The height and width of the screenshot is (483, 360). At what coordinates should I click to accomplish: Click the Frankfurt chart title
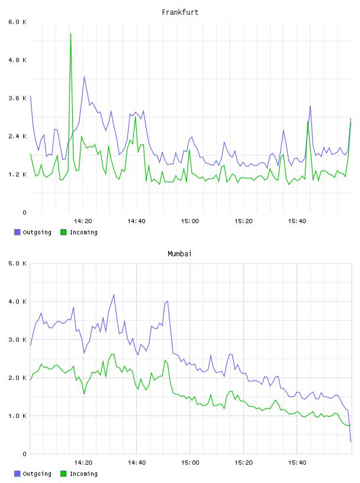pyautogui.click(x=180, y=12)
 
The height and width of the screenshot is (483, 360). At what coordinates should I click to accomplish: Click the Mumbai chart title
pyautogui.click(x=179, y=254)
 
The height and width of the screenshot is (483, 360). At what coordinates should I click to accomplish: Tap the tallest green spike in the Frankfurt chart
pyautogui.click(x=71, y=34)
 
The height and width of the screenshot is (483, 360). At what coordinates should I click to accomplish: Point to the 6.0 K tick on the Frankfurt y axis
pyautogui.click(x=18, y=22)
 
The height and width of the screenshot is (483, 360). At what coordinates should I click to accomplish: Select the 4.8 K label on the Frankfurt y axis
pyautogui.click(x=18, y=60)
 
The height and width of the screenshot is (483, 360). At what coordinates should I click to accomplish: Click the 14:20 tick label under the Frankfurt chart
pyautogui.click(x=83, y=221)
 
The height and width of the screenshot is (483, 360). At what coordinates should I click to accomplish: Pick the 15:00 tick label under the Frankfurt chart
pyautogui.click(x=190, y=221)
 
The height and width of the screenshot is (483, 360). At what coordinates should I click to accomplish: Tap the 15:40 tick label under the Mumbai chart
pyautogui.click(x=297, y=463)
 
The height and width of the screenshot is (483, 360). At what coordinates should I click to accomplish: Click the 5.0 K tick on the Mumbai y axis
pyautogui.click(x=18, y=263)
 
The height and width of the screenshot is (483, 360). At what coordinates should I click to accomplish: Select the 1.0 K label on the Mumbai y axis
pyautogui.click(x=18, y=416)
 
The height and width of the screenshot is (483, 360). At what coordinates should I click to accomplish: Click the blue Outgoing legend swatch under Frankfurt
pyautogui.click(x=17, y=232)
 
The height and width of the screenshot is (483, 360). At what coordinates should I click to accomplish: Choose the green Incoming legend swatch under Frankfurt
pyautogui.click(x=63, y=232)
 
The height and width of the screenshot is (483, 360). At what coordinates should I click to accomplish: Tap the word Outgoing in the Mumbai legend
pyautogui.click(x=37, y=474)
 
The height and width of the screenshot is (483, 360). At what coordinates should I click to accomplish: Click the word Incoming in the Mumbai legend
pyautogui.click(x=83, y=474)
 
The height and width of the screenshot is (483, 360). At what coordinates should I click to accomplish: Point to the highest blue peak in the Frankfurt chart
pyautogui.click(x=84, y=77)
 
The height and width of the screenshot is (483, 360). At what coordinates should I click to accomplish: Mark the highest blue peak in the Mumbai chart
pyautogui.click(x=114, y=295)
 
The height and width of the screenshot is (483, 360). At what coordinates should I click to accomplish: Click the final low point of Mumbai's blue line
pyautogui.click(x=351, y=442)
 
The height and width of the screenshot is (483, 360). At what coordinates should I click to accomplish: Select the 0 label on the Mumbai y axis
pyautogui.click(x=24, y=454)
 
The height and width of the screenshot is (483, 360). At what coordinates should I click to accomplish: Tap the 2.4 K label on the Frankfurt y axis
pyautogui.click(x=18, y=136)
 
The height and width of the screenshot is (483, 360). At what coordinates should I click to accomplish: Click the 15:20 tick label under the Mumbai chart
pyautogui.click(x=243, y=463)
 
